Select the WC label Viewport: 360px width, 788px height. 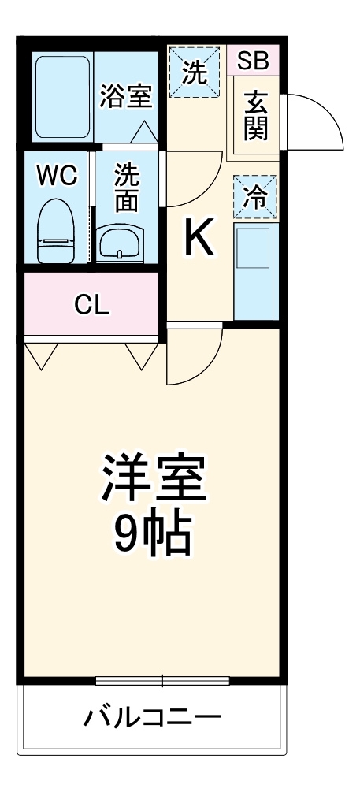tap(58, 176)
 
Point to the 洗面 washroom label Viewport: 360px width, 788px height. tap(126, 187)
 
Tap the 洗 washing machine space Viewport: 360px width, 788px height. tap(194, 72)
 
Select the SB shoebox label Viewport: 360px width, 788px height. tap(253, 60)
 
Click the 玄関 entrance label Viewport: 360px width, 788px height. tap(254, 115)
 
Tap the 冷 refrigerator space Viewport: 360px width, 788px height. tap(254, 197)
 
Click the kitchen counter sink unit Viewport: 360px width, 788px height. tap(254, 272)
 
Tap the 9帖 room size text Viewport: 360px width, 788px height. tap(152, 535)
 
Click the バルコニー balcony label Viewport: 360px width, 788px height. tap(153, 719)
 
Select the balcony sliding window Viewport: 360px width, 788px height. tap(163, 680)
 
